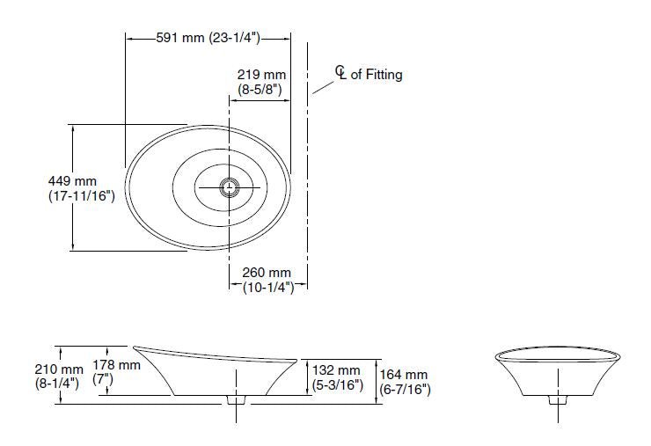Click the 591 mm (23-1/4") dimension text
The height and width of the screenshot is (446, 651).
pos(208,37)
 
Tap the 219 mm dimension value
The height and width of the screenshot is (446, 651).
pos(262,76)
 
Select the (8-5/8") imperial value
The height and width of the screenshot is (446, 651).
pos(262,90)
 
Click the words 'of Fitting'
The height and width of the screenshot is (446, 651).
pos(377,75)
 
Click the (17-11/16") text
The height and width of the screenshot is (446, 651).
pos(82,197)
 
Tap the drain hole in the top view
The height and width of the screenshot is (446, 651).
pos(230,186)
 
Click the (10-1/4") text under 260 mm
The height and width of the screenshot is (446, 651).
pos(267,288)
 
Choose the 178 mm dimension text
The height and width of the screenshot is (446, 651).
pos(117,364)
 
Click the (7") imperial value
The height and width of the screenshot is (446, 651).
pos(105,380)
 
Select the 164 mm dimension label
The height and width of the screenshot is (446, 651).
pos(404,375)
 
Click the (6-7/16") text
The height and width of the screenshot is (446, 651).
pos(405,389)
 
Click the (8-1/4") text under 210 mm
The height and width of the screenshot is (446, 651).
pos(58,384)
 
